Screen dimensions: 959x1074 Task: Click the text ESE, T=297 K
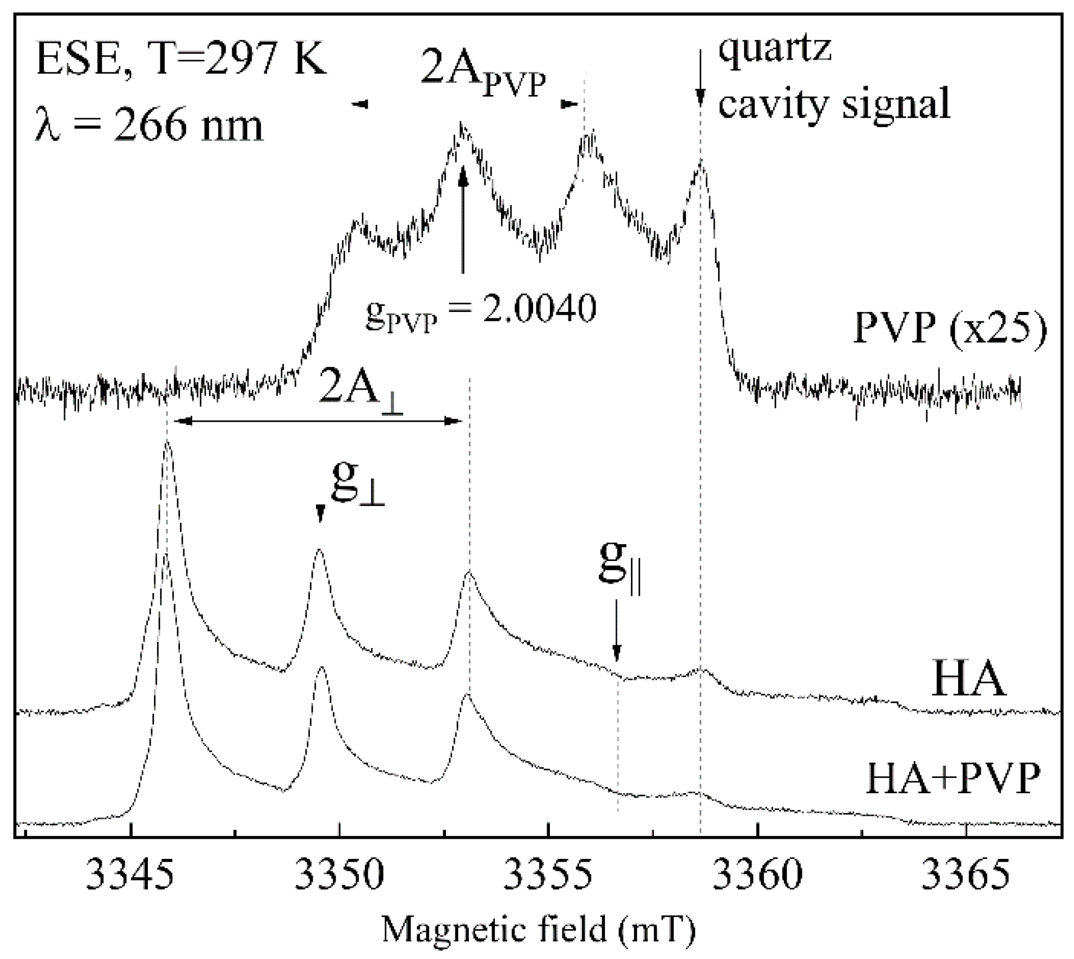[x=180, y=58]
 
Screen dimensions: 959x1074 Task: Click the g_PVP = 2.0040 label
[x=480, y=310]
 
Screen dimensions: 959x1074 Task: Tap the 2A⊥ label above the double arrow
[x=360, y=392]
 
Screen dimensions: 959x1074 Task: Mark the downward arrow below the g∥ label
[x=617, y=630]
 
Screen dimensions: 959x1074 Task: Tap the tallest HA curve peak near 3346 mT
[x=167, y=444]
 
